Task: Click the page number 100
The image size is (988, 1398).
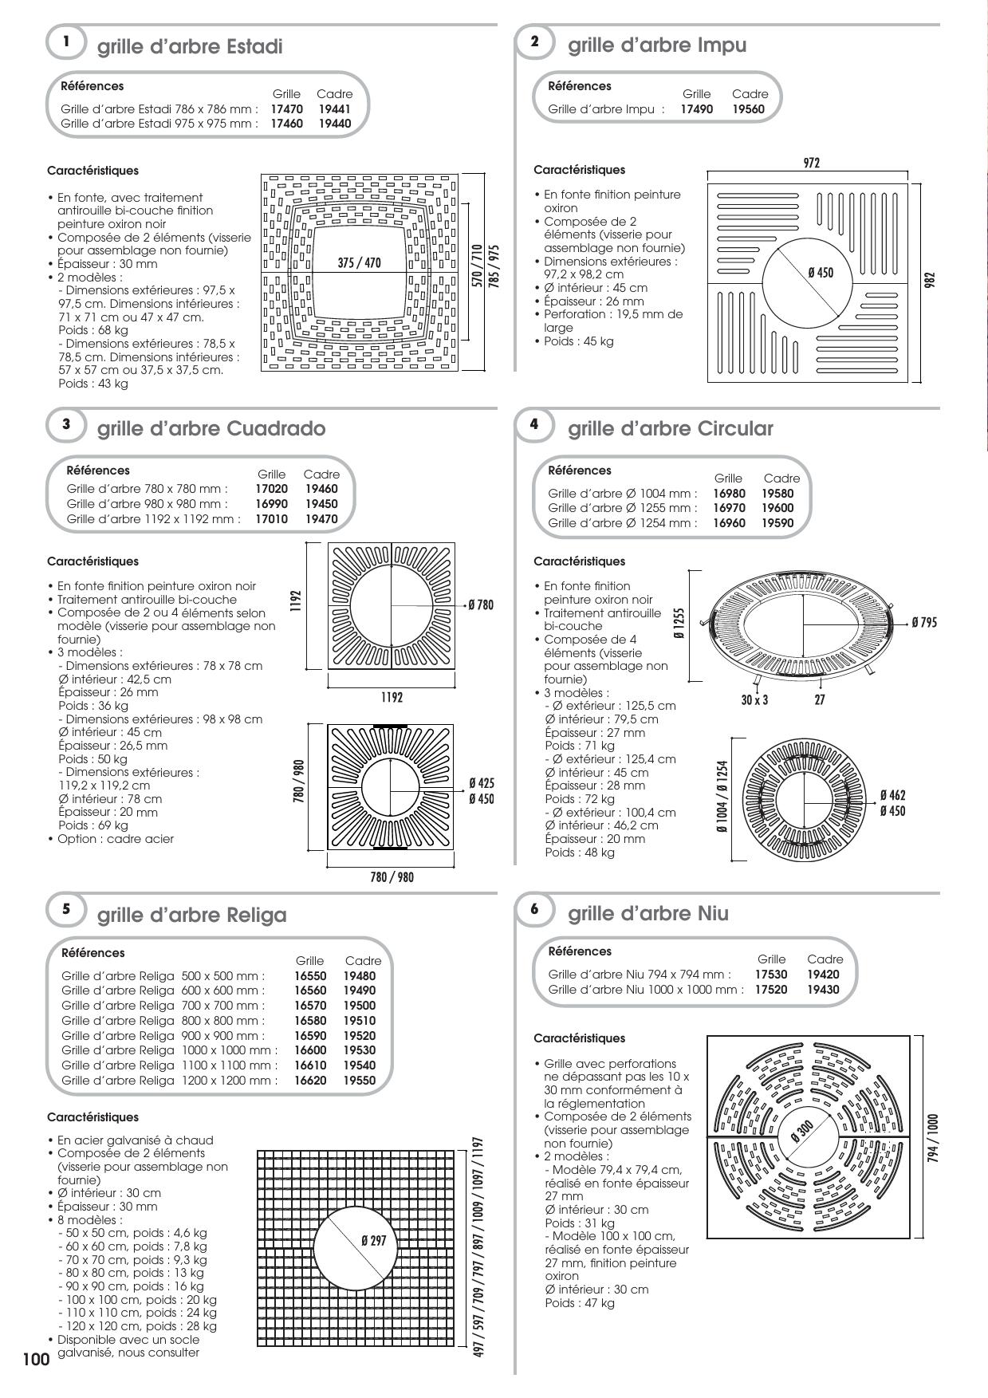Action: (x=36, y=1359)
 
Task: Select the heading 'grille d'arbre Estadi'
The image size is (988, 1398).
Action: (x=190, y=47)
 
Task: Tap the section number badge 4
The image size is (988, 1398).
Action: (x=534, y=424)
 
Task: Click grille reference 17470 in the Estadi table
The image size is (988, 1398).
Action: (x=286, y=108)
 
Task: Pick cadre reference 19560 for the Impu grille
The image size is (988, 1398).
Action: (x=749, y=109)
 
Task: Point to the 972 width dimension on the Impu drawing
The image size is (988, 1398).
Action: (x=811, y=163)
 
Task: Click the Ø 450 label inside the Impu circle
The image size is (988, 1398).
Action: (x=820, y=273)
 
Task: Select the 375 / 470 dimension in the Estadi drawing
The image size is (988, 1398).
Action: (x=359, y=263)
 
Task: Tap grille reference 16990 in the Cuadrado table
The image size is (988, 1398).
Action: (x=271, y=504)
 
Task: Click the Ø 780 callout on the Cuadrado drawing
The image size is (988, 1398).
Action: (x=481, y=605)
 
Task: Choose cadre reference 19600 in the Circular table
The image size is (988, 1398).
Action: (x=777, y=508)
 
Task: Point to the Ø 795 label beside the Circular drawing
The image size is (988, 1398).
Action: (x=924, y=622)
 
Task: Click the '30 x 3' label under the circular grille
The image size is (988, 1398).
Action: (x=754, y=700)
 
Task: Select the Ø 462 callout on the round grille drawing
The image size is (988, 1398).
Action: (x=892, y=795)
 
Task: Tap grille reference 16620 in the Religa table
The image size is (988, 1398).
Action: (x=309, y=1081)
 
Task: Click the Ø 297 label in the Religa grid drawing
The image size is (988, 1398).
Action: (x=373, y=1240)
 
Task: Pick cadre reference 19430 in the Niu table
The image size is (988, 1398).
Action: (x=823, y=990)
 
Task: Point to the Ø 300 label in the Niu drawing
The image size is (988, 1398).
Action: (x=801, y=1132)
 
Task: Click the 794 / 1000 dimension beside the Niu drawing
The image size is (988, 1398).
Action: (x=933, y=1138)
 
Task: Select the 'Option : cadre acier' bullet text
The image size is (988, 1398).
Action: (x=115, y=839)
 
